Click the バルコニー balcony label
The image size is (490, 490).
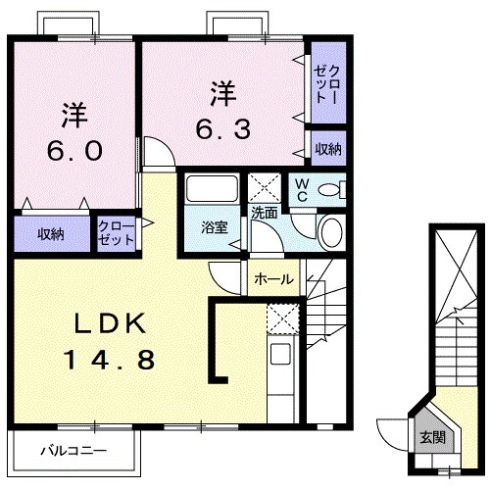(x=73, y=453)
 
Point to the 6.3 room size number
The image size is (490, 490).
(x=222, y=128)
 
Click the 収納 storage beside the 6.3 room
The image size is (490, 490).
(x=327, y=149)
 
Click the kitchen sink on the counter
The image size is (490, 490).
(x=281, y=355)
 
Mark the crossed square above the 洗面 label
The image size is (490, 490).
(x=264, y=186)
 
